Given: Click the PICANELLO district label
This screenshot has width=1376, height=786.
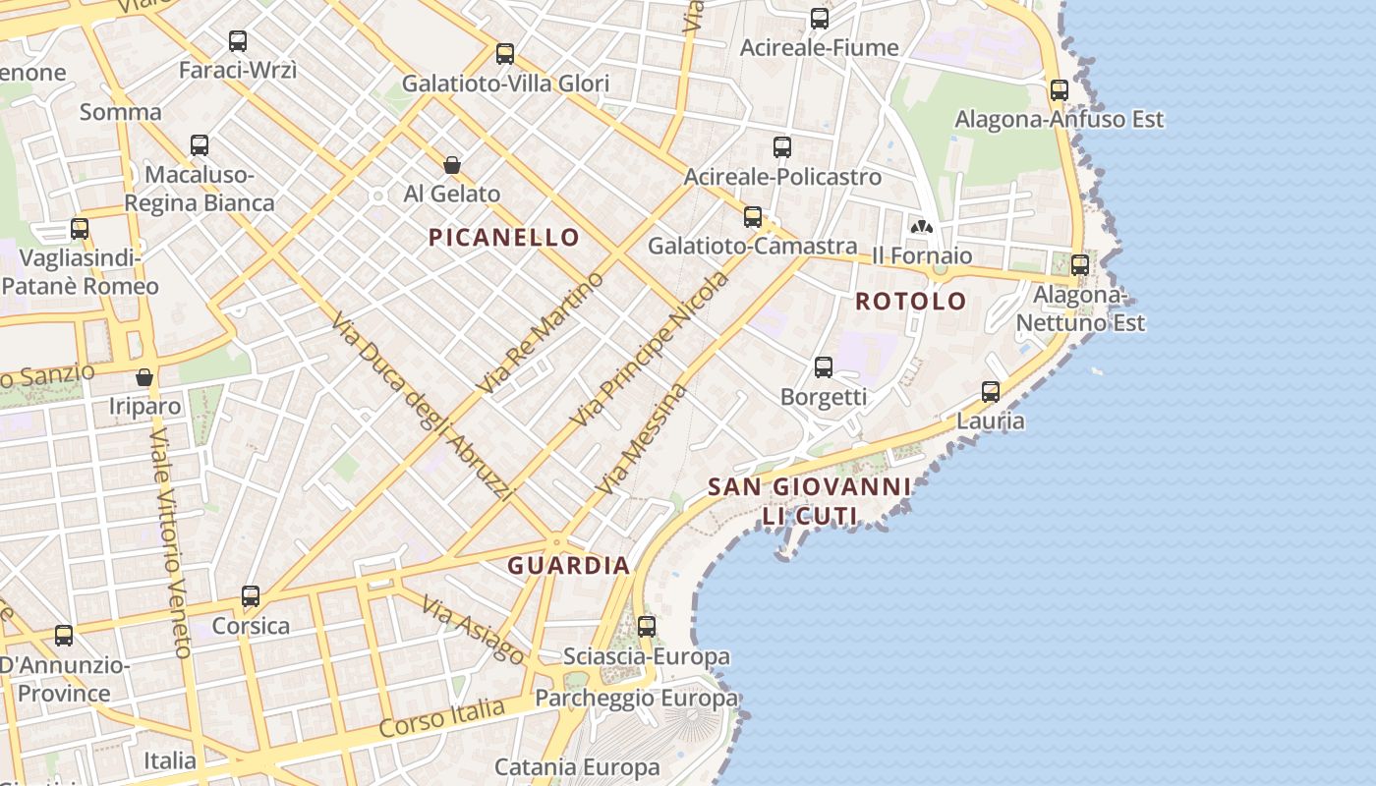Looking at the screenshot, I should pyautogui.click(x=504, y=237).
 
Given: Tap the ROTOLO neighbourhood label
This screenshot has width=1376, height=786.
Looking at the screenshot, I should pyautogui.click(x=911, y=301).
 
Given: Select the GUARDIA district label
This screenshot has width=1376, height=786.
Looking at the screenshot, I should pyautogui.click(x=568, y=565).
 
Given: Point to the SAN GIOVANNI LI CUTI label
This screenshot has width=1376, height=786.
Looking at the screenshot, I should pyautogui.click(x=809, y=500).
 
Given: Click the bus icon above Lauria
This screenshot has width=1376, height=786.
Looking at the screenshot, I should pyautogui.click(x=991, y=392).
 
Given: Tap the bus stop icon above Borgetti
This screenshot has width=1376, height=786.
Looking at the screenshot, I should pyautogui.click(x=824, y=367).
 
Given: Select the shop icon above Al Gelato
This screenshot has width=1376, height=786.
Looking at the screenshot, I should pyautogui.click(x=452, y=164).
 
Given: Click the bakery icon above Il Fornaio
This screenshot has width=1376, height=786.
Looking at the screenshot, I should pyautogui.click(x=921, y=227).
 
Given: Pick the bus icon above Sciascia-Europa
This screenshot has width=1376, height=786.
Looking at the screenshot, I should pyautogui.click(x=647, y=626).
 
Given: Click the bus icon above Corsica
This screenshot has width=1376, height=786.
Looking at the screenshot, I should pyautogui.click(x=251, y=595).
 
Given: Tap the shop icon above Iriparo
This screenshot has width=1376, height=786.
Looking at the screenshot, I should pyautogui.click(x=144, y=377).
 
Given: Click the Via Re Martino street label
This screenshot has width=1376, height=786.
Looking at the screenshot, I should pyautogui.click(x=540, y=332).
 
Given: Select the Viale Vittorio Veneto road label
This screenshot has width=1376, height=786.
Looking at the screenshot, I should pyautogui.click(x=169, y=541).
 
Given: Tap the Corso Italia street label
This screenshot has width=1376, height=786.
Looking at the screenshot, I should pyautogui.click(x=441, y=718).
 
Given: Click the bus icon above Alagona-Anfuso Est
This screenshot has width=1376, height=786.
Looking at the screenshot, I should pyautogui.click(x=1059, y=90).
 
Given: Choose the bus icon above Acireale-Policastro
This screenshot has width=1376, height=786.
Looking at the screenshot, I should pyautogui.click(x=782, y=147).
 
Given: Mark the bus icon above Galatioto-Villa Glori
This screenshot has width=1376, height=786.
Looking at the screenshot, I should pyautogui.click(x=505, y=54).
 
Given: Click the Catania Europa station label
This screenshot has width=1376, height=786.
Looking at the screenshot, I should pyautogui.click(x=577, y=766).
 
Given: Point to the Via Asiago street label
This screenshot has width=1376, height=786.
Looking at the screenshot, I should pyautogui.click(x=474, y=629).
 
